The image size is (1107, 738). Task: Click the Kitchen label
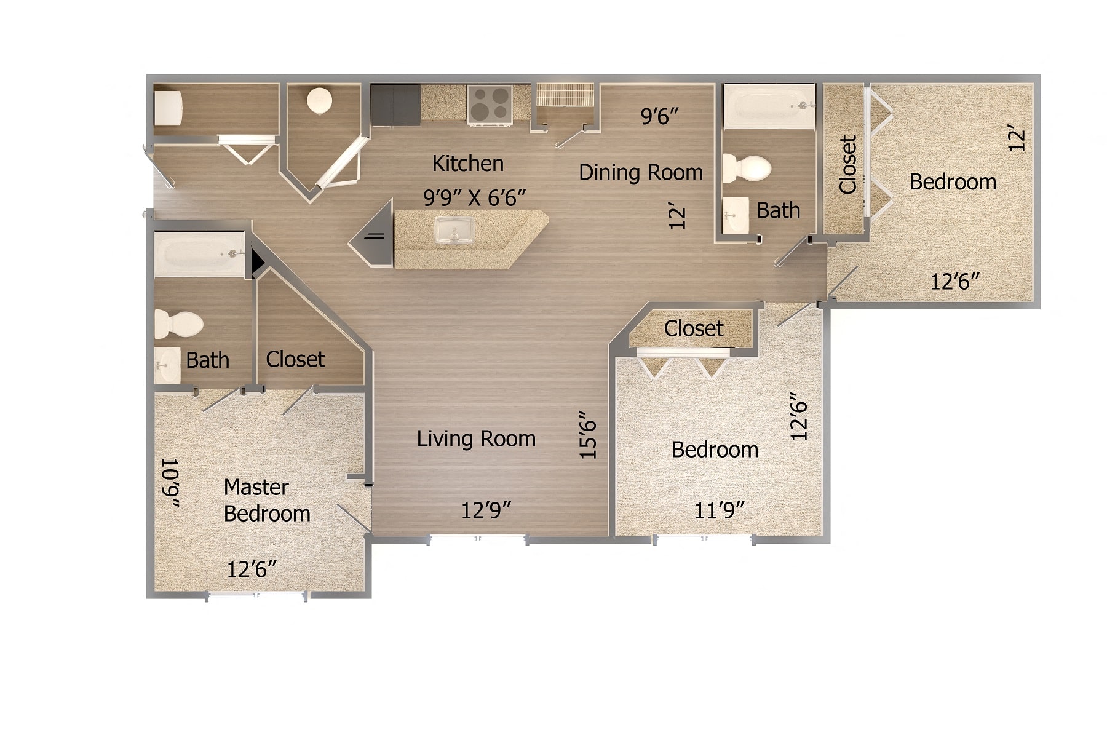click(468, 164)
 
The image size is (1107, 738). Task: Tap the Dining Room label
click(641, 172)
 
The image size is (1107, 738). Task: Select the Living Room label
click(476, 439)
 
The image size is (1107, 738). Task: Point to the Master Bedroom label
click(267, 500)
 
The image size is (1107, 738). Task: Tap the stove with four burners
click(490, 105)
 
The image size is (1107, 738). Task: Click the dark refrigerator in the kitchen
click(395, 105)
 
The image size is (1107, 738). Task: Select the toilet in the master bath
click(178, 323)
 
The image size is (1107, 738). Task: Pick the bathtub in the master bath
click(200, 254)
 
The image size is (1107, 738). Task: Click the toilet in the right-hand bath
click(747, 168)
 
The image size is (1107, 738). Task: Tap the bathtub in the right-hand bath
click(769, 106)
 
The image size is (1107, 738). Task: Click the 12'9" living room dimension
click(486, 510)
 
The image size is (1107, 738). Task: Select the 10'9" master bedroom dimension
click(170, 483)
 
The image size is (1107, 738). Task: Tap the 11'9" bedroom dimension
click(719, 510)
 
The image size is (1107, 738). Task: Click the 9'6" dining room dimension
click(659, 116)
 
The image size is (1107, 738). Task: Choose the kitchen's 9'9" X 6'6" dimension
click(474, 198)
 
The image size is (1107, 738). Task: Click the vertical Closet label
click(848, 165)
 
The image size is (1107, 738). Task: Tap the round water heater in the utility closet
click(320, 100)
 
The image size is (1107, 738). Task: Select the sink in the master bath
click(166, 366)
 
